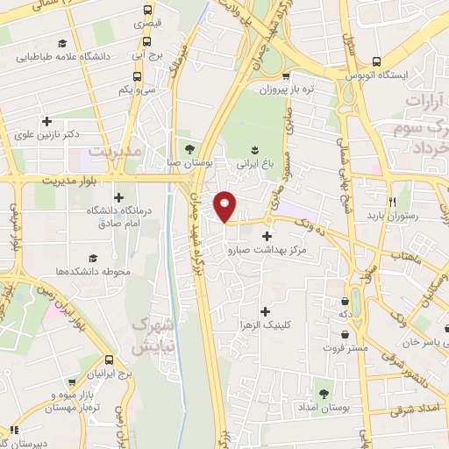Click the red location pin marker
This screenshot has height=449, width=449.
[226, 206]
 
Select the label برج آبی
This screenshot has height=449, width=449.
[144, 54]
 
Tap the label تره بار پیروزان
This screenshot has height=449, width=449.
[285, 89]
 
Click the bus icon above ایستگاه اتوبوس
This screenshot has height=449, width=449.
[375, 61]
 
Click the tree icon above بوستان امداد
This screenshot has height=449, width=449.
[324, 394]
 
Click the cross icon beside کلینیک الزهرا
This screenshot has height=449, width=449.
[266, 310]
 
